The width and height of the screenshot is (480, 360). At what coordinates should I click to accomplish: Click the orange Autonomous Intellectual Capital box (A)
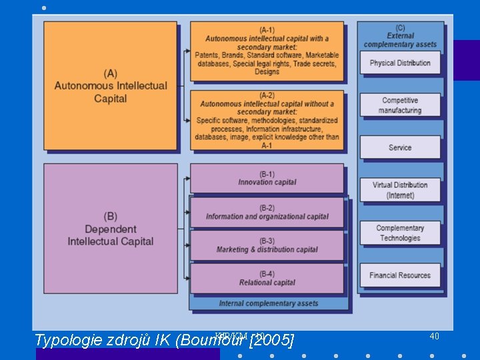[111, 85]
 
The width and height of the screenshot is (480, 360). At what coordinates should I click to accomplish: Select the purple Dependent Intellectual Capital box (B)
[111, 228]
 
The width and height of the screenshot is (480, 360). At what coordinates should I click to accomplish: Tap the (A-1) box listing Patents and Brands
[267, 51]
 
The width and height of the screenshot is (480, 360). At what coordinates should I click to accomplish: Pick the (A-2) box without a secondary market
[267, 120]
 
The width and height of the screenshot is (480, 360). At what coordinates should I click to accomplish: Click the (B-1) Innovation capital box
[267, 178]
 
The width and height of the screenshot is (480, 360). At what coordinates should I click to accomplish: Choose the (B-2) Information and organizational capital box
[267, 212]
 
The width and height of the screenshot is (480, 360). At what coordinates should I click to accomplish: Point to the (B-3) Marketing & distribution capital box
[267, 245]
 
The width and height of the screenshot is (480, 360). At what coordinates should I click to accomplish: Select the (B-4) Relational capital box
[267, 278]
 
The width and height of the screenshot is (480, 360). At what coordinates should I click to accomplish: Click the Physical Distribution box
[400, 63]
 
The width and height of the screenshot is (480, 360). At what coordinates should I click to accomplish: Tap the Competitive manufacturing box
[400, 105]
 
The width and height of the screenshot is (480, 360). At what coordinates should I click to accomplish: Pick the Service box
[400, 147]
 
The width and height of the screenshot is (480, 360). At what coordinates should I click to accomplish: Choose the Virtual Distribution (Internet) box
[400, 190]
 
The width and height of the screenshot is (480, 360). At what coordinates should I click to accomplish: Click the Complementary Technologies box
[400, 233]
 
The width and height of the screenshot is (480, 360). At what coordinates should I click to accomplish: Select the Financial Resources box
[400, 275]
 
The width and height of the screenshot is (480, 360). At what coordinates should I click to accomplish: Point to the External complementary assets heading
[400, 36]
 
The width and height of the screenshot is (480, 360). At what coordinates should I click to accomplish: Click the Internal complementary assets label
[269, 303]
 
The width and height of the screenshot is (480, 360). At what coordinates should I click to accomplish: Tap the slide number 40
[434, 336]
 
